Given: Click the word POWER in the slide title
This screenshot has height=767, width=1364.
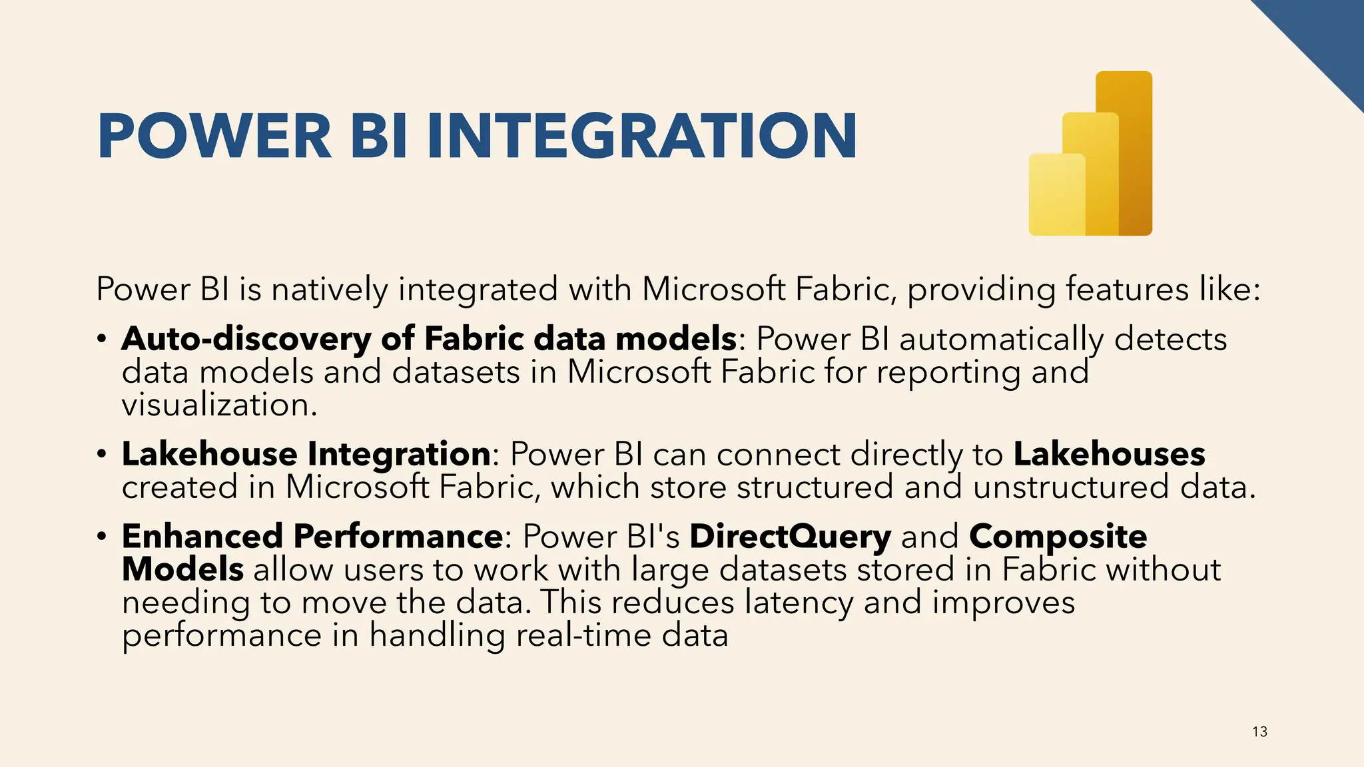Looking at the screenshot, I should pos(214,136).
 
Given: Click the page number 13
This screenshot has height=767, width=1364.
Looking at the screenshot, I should pos(1259,732).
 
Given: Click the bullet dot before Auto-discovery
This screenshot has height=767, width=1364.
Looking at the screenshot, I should pos(101,339).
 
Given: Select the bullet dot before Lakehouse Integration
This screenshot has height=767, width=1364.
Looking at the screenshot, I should pos(101,454).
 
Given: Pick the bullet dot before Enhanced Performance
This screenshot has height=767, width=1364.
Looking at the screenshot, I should pos(101,536).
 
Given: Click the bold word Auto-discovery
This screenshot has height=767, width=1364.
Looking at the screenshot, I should pos(246,339).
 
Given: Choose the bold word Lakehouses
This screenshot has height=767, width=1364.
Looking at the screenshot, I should pos(1109,454).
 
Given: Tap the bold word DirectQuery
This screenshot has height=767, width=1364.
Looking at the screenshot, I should pos(790,537).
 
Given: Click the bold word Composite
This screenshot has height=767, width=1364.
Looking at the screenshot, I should pos(1058,537).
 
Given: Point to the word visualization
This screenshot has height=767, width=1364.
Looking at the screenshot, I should pos(219,405).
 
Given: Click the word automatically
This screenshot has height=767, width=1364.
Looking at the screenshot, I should pos(1002,339).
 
